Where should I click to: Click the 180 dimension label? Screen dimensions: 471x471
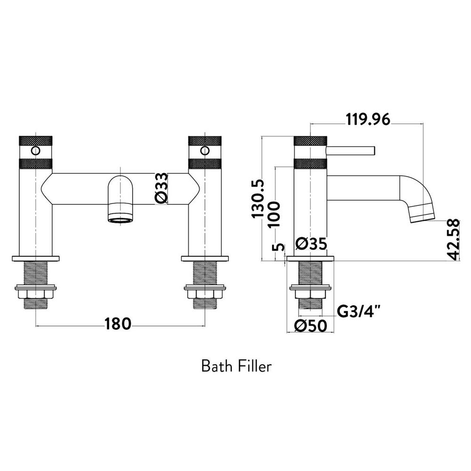[118, 324]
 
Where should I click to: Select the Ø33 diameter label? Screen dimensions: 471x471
[161, 188]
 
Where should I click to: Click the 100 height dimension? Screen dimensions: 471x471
[275, 213]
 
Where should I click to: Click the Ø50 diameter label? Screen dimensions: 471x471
[310, 326]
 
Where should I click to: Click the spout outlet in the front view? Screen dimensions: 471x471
[121, 218]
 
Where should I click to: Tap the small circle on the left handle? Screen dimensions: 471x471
[35, 151]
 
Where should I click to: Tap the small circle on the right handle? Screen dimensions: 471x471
[204, 151]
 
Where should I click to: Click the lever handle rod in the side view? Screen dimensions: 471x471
[351, 150]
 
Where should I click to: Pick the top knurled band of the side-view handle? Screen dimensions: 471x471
[310, 140]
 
